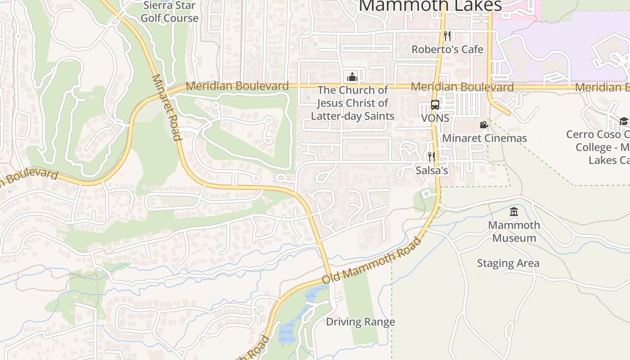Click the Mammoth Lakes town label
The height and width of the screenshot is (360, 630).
point(431,5)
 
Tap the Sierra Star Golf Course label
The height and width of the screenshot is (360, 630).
point(169,12)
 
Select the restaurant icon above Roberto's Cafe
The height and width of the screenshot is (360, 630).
point(447,36)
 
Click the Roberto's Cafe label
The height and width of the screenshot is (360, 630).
point(447,49)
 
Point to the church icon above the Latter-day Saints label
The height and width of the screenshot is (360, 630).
point(352,76)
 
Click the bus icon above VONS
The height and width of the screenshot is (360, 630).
point(435,105)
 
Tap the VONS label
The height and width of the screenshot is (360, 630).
point(435,118)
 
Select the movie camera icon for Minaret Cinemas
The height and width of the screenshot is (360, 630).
point(484,125)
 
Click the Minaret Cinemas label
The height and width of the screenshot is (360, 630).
point(484,138)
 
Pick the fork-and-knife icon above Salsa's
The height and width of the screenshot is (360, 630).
point(432,157)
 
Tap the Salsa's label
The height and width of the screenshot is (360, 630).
point(432,171)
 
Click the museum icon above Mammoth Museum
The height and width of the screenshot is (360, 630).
point(514,211)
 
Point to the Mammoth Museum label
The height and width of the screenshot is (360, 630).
point(514,231)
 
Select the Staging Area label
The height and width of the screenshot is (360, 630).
point(508,263)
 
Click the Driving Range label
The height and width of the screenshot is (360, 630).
point(360,322)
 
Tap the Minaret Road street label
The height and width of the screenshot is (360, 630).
point(166,107)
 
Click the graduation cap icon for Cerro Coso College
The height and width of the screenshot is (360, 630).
point(624,121)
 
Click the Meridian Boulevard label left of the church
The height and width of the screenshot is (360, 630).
point(237,85)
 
